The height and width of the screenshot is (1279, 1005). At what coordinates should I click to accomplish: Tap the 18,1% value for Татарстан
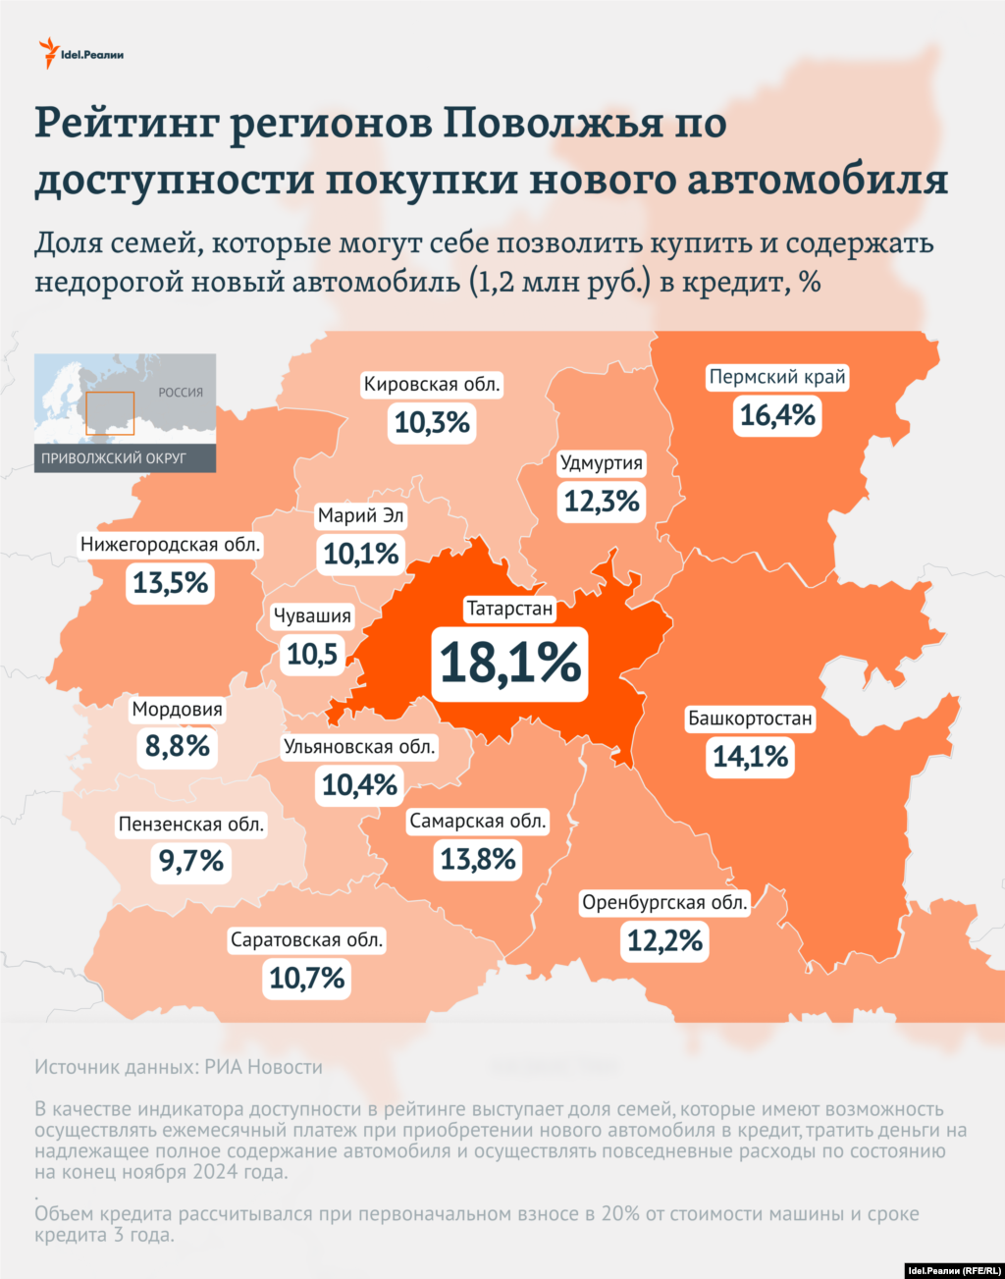pos(509,663)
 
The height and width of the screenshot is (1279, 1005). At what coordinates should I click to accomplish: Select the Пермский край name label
pos(777,377)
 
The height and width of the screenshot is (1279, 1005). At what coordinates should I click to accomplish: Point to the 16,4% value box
pos(777,415)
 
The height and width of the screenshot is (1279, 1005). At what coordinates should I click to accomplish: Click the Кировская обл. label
pos(432,384)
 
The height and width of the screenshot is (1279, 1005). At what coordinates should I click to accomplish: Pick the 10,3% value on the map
pos(432,423)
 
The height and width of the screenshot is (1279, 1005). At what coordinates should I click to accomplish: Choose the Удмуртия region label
pos(602,462)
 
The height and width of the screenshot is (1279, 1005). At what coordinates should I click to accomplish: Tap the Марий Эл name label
pos(361,515)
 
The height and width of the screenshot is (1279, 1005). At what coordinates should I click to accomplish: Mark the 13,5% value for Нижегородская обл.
pos(171,583)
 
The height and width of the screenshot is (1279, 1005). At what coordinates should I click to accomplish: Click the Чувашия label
pos(312,615)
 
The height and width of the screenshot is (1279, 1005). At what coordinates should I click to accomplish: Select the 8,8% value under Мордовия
pos(178,747)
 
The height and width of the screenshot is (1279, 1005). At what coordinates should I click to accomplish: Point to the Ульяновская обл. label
pos(359,747)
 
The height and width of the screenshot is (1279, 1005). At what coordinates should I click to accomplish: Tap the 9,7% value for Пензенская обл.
pos(191,862)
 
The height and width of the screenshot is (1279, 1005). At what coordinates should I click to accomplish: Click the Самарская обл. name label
pos(478,821)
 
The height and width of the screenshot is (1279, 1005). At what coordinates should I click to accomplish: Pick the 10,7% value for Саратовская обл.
pos(307,978)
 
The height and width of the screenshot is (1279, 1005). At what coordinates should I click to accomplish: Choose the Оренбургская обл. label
pos(665,902)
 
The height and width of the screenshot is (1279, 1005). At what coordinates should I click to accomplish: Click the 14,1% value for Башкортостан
pos(750,757)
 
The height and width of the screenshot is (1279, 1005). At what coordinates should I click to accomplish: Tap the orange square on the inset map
pos(109,413)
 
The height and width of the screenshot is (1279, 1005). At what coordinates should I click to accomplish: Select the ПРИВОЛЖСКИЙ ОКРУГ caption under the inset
pos(114,458)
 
